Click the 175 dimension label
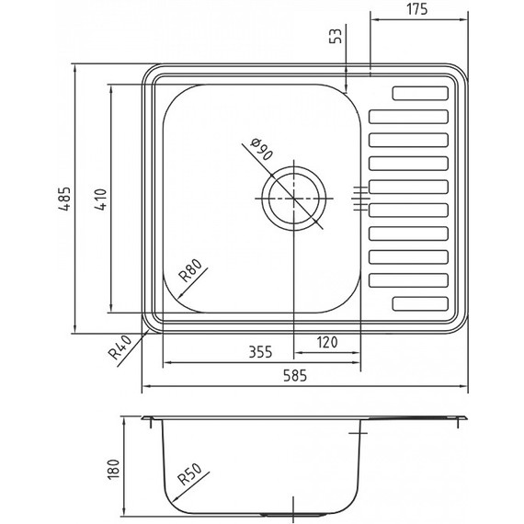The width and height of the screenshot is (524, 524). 416,9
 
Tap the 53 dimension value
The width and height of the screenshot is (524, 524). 336,36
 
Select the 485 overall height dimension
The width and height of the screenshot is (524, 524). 63,199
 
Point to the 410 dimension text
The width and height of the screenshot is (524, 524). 101,199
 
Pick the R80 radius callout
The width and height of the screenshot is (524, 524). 190,270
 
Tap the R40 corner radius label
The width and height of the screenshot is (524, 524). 120,347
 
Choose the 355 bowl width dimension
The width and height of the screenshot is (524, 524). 261,352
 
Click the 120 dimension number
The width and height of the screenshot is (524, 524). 327,342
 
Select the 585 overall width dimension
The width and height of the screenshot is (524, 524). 295,376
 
